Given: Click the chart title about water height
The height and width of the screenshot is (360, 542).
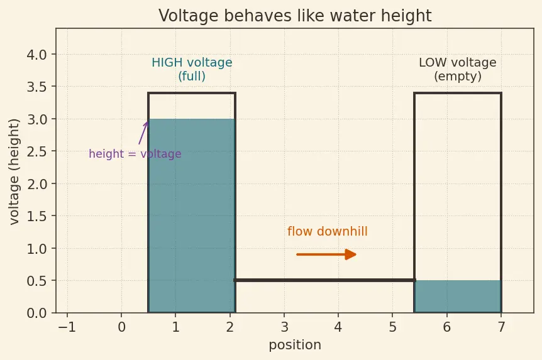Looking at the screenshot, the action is click(x=295, y=16).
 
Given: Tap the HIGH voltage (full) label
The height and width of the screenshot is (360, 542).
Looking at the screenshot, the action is click(x=192, y=69).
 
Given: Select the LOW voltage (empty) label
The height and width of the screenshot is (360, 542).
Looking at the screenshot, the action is click(x=458, y=69).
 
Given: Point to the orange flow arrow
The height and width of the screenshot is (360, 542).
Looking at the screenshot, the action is click(x=326, y=254).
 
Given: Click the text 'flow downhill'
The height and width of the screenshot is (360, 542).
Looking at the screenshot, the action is click(x=328, y=231).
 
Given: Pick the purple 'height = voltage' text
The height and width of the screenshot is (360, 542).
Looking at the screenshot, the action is click(x=135, y=154).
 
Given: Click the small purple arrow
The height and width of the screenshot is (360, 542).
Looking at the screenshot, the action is click(x=143, y=133).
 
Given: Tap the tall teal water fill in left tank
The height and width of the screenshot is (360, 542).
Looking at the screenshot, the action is click(x=192, y=215).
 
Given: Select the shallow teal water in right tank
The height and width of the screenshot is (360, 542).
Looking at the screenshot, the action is click(x=458, y=297).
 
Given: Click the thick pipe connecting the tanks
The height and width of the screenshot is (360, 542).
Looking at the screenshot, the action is click(x=324, y=280).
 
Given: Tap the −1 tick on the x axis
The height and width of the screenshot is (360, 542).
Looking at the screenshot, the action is click(x=67, y=327).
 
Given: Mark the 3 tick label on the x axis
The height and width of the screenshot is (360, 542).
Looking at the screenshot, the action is click(x=284, y=327).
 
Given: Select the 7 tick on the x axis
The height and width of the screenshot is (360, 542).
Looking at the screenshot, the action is click(x=501, y=327).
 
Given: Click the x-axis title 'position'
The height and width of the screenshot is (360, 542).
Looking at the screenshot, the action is click(x=295, y=345).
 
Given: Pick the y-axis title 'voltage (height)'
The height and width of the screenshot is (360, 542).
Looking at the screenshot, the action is click(x=14, y=172).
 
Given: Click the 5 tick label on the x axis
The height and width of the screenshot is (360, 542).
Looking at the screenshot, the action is click(x=392, y=327).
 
